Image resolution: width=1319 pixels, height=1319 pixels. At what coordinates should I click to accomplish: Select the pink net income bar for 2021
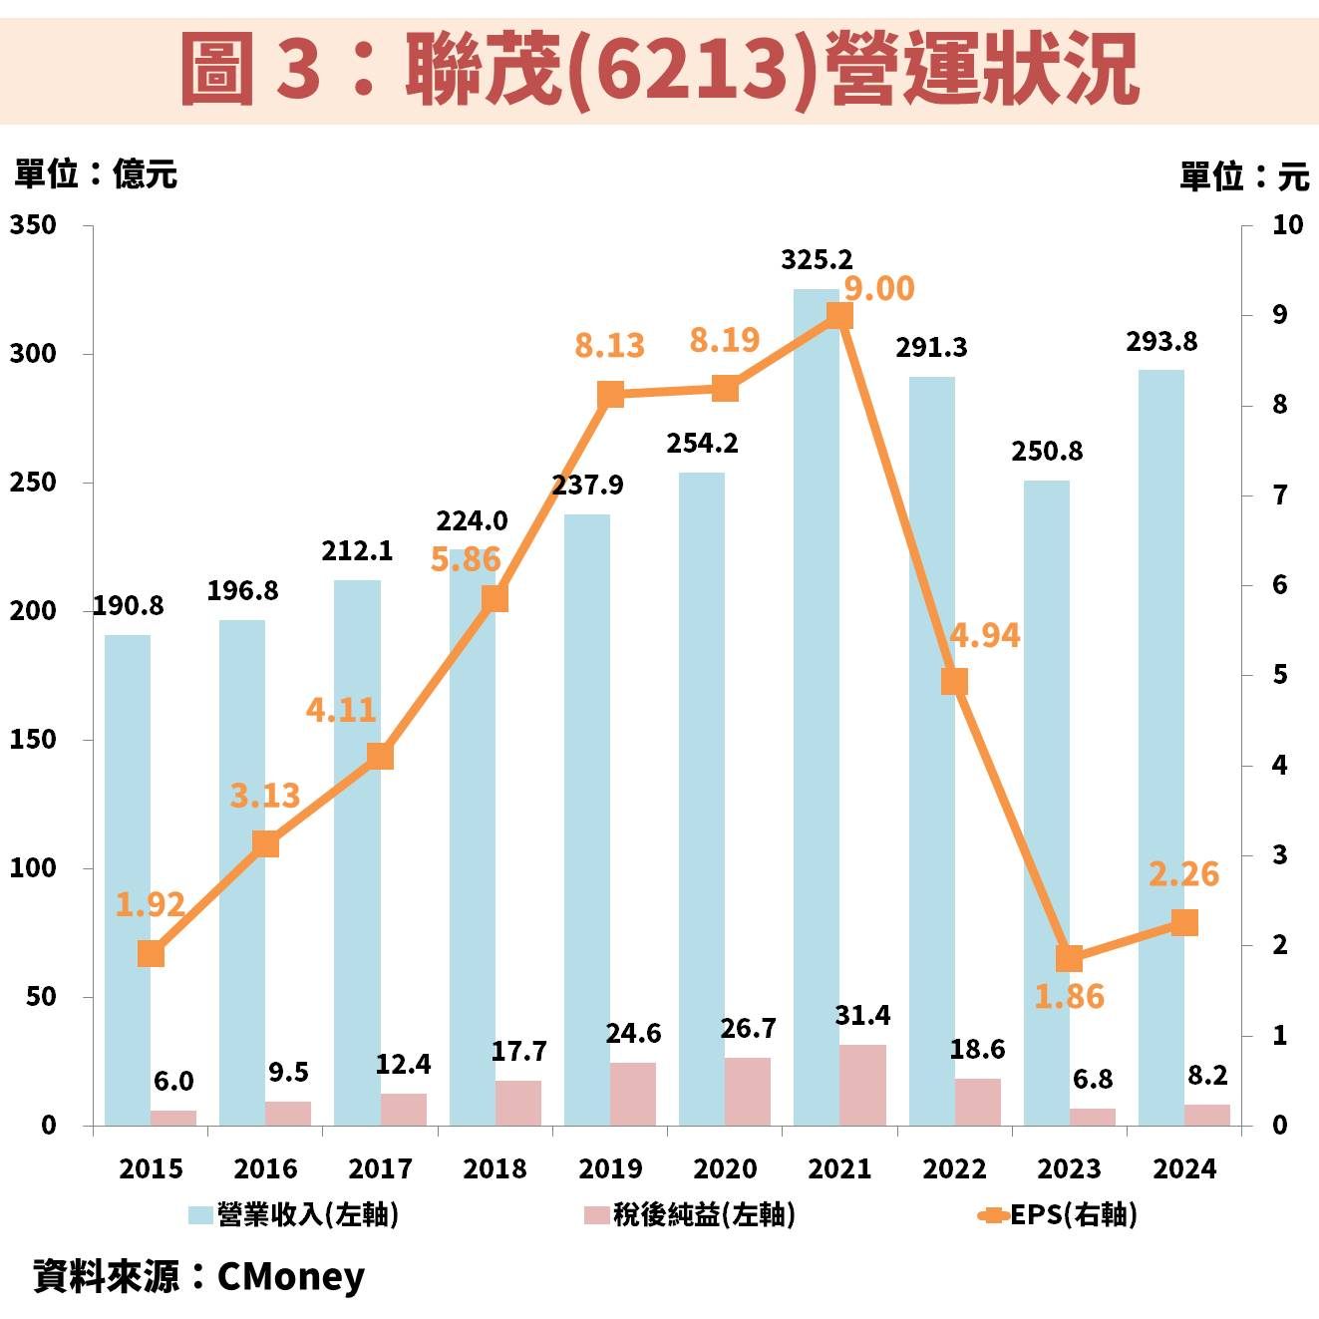[x=862, y=1085]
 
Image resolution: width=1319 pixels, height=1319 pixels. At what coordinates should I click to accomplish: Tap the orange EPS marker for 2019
[x=610, y=395]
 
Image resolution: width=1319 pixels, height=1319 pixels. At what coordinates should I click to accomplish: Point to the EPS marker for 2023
[x=1069, y=958]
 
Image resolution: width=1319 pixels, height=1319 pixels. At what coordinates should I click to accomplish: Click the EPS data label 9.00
[x=878, y=289]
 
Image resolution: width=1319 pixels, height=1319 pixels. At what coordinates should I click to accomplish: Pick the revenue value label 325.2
[x=817, y=260]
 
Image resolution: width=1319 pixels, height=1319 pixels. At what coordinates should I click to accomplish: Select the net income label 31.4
[x=862, y=1016]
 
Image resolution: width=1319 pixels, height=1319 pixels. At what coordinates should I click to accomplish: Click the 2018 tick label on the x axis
[x=495, y=1168]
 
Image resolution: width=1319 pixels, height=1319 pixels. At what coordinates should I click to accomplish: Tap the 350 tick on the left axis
[x=33, y=225]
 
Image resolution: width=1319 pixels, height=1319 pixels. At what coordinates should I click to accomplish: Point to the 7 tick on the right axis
[x=1279, y=495]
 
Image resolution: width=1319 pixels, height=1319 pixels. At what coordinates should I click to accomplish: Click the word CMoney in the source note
[x=290, y=1276]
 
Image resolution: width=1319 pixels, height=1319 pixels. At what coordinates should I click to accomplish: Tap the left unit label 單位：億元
[x=96, y=174]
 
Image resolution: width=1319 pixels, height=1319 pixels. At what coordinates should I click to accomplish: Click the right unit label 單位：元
[x=1243, y=177]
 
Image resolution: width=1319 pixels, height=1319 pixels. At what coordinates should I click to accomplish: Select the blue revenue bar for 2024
[x=1161, y=748]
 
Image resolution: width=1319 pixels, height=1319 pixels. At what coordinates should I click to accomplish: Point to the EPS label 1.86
[x=1069, y=996]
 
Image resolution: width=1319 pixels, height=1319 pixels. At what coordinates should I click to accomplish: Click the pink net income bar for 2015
[x=173, y=1118]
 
